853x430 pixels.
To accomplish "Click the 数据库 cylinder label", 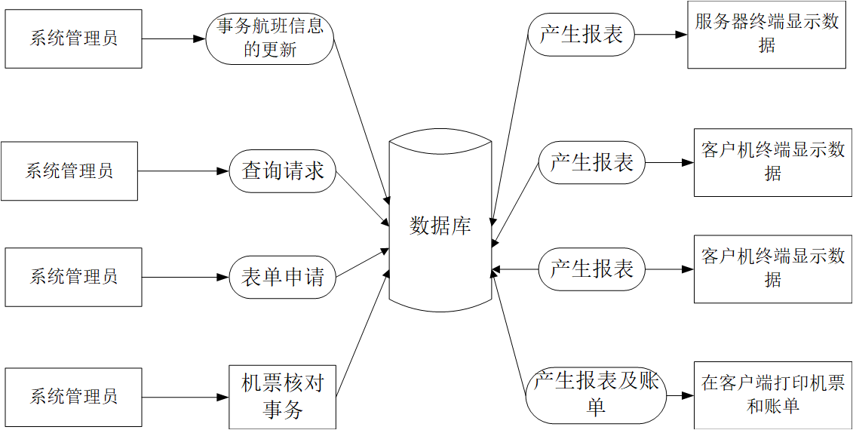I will coord(440,226).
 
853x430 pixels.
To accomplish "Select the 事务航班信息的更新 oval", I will coord(269,38).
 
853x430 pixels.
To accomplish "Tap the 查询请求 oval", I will coord(282,171).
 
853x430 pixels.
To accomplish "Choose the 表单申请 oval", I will coord(282,277).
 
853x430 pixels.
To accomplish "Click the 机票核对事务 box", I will coord(282,397).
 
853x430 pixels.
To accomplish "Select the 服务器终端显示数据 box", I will coord(766,35).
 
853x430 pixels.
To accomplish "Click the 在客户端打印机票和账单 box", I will coord(773,395).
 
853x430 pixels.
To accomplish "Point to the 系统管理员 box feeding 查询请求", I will coord(69,171).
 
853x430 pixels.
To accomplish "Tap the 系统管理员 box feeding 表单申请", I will coord(73,277).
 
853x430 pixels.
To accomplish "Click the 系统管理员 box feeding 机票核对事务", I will coord(73,397).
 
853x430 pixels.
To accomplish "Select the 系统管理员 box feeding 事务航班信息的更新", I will coord(73,38).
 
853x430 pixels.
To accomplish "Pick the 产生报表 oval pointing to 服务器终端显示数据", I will coord(581,34).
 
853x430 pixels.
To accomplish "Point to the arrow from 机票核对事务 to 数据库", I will coord(363,332).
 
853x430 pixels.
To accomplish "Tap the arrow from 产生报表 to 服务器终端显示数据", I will coord(661,34).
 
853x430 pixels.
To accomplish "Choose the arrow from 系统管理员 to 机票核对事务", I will coord(185,397).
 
